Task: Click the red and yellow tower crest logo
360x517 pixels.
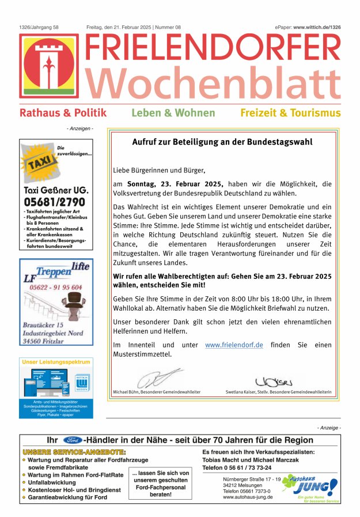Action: pos(49,65)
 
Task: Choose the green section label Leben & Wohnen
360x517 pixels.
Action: pos(173,113)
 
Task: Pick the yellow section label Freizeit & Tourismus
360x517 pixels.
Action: pos(290,113)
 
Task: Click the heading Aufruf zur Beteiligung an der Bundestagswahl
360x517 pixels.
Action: pos(222,142)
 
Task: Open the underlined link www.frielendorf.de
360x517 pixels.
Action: pos(234,345)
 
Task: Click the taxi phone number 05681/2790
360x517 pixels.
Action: pos(54,202)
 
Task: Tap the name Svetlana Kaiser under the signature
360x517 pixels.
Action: pos(243,393)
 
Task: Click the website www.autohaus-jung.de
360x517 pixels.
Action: pos(248,497)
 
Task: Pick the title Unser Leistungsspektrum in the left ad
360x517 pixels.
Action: pos(56,362)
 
